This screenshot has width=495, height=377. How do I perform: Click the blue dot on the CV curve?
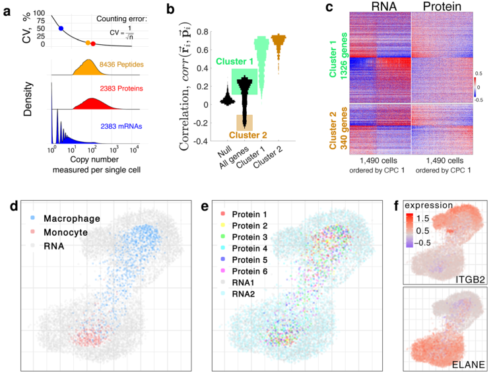pos(61,28)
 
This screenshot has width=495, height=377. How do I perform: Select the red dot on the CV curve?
pos(93,44)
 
